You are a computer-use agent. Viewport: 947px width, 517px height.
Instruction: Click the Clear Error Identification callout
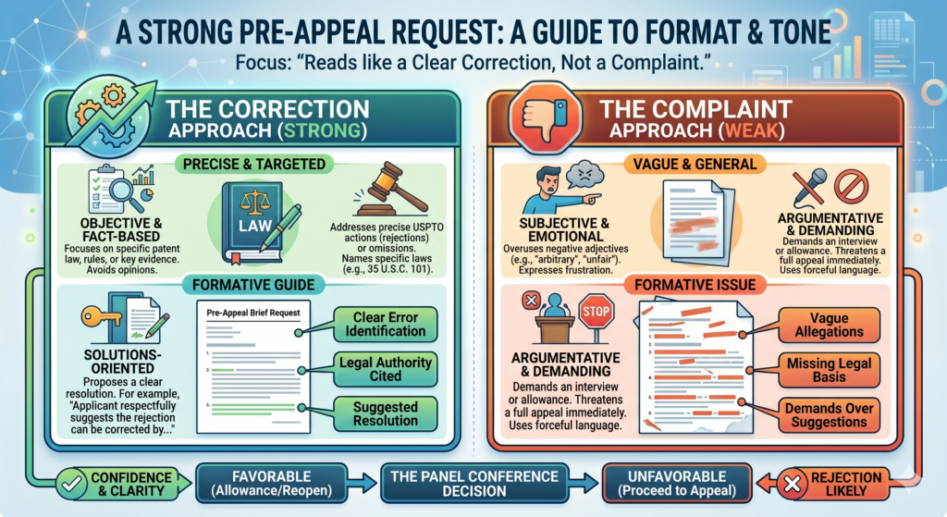coord(386,325)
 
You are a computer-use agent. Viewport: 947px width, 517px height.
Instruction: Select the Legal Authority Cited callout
coord(386,369)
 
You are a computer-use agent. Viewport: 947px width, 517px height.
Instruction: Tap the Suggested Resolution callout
coord(386,413)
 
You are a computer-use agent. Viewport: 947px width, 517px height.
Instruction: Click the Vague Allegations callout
coord(829,325)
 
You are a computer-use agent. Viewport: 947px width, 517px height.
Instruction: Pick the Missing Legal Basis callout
coord(829,370)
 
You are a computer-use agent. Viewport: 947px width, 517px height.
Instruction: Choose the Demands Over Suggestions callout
coord(829,415)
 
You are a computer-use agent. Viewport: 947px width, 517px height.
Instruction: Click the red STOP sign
coord(596,312)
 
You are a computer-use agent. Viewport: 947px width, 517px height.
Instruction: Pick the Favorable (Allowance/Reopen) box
coord(272,483)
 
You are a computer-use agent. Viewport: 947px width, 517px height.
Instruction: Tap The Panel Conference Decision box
coord(474,483)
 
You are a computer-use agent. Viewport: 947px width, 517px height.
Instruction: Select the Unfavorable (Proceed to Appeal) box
coord(677,483)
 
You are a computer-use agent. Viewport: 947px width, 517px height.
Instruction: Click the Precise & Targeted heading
coord(254,165)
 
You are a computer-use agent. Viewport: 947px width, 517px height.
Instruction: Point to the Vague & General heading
coord(695,165)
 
